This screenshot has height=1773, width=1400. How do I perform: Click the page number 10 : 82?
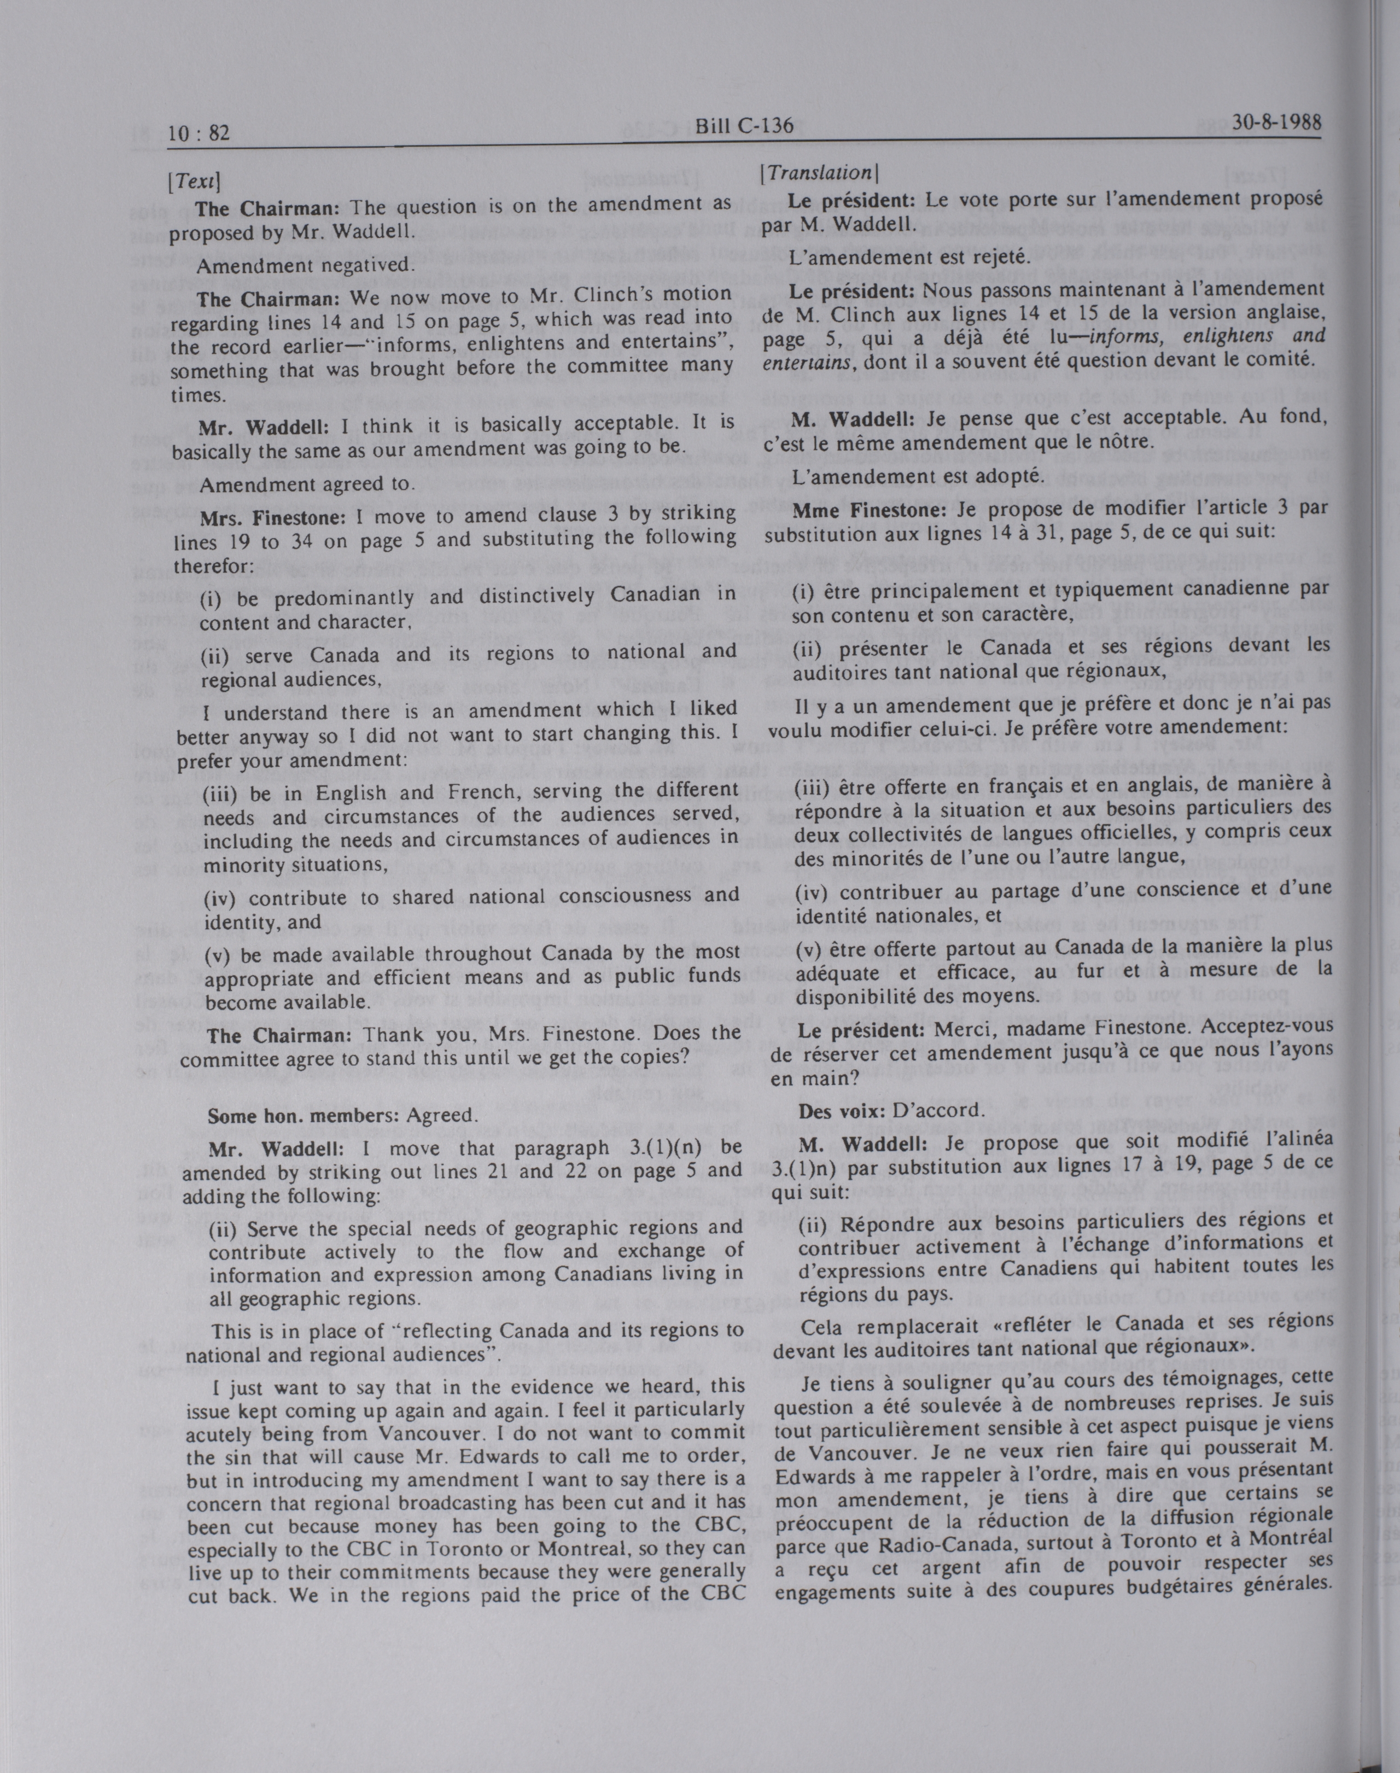click(x=199, y=132)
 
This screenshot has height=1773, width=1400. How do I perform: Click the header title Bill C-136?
click(x=743, y=125)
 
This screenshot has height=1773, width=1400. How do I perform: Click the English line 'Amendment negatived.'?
click(x=304, y=266)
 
